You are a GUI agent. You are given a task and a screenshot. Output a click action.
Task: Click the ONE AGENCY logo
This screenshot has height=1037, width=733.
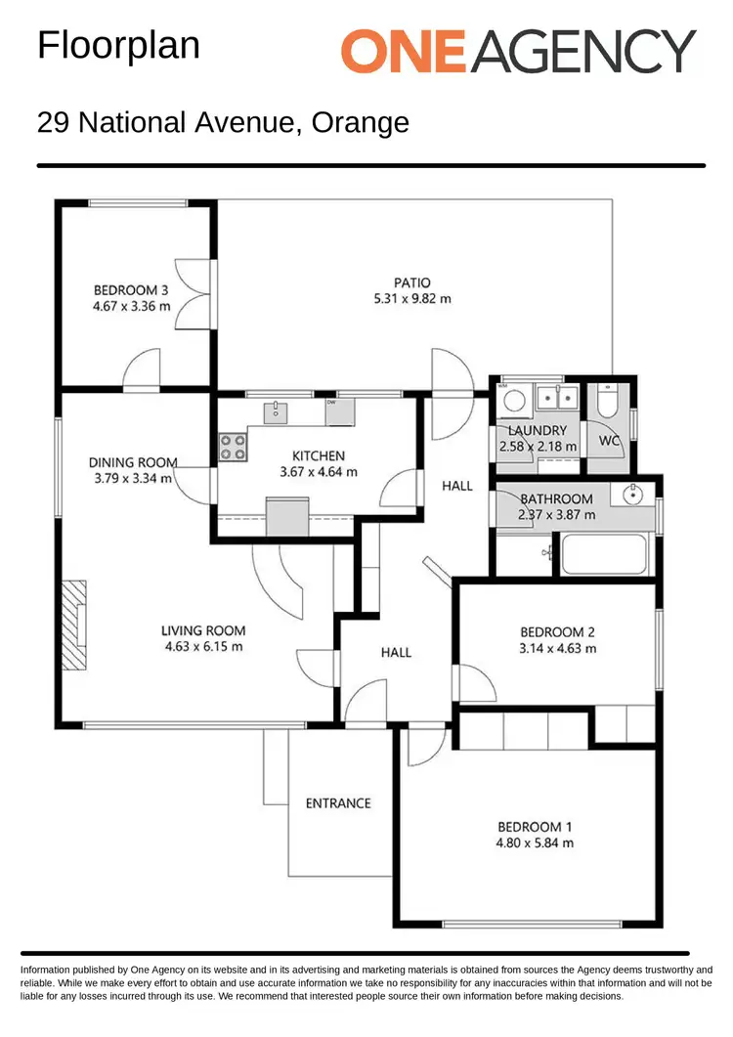518,50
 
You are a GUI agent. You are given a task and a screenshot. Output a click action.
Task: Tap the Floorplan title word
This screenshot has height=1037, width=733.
118,46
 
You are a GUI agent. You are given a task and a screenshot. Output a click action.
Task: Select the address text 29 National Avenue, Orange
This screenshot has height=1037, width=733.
223,123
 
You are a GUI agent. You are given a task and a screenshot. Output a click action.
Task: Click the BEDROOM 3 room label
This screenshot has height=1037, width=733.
131,289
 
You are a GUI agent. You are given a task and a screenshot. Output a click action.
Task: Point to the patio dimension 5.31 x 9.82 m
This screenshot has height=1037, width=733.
412,299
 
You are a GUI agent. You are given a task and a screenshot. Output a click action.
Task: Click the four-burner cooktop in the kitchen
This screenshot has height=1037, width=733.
233,447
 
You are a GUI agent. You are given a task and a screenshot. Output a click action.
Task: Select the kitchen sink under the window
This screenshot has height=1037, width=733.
278,411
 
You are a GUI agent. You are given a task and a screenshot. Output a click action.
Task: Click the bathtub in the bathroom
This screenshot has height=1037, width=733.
604,554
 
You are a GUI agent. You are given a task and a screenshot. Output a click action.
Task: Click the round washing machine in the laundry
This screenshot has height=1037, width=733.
513,401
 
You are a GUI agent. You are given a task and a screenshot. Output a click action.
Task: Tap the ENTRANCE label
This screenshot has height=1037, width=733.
338,803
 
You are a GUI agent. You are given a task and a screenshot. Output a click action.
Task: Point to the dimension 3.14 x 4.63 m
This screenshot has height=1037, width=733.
557,647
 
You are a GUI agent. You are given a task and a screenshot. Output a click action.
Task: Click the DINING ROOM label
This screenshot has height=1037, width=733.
133,462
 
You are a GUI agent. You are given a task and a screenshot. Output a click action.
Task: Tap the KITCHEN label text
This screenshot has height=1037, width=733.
319,455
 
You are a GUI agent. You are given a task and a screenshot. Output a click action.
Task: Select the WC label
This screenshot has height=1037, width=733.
610,441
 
